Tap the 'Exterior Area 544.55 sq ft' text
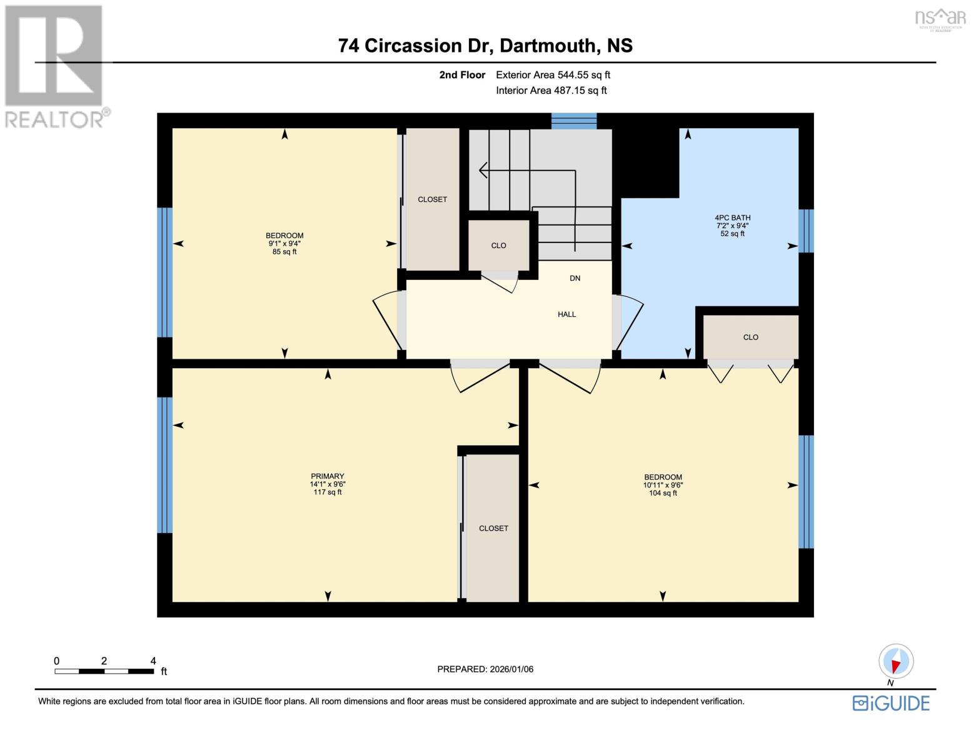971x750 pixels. [553, 75]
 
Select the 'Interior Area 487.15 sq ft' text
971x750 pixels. [551, 91]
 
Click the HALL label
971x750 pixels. [566, 314]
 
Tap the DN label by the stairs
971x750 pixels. [575, 278]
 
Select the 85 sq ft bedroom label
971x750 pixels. [284, 244]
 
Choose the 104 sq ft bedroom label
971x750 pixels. [663, 485]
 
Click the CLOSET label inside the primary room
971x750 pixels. [493, 528]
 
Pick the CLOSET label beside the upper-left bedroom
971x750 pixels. [432, 199]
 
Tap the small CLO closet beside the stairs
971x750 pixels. [498, 246]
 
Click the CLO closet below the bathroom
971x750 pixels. [750, 337]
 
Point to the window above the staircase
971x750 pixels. [573, 121]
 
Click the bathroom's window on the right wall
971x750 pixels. [806, 231]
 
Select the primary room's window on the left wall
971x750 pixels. [164, 464]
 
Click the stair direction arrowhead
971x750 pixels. [483, 169]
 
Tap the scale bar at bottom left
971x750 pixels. [104, 671]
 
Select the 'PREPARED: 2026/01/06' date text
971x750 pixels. [485, 669]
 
